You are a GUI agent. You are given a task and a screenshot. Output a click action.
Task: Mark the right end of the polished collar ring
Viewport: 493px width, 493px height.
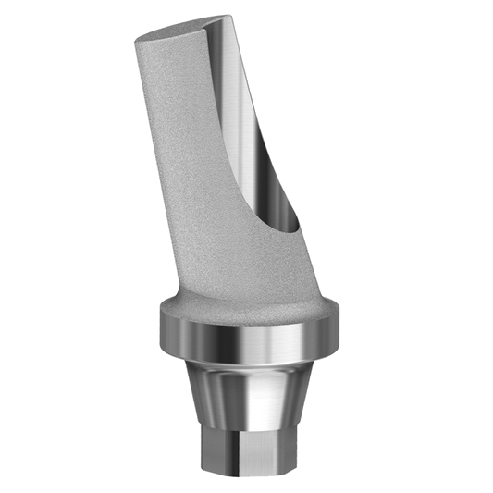[333, 328]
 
